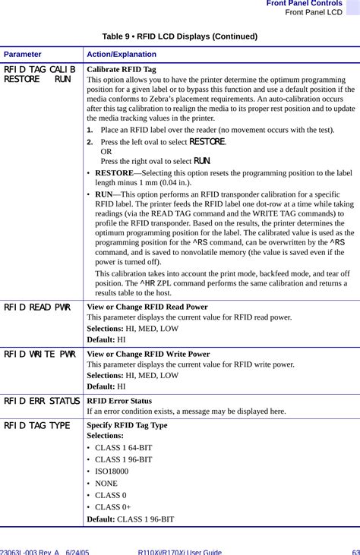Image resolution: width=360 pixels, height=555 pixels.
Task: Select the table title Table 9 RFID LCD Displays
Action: tap(179, 36)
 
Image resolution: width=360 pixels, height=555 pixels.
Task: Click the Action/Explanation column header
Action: tap(122, 55)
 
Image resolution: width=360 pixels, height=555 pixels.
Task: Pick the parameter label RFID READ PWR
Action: tap(38, 307)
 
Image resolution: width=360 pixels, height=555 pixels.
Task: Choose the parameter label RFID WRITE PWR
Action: tap(39, 354)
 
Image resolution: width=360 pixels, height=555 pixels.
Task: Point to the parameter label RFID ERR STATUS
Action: tap(42, 400)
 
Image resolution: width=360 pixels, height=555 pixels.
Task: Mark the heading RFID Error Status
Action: tap(119, 401)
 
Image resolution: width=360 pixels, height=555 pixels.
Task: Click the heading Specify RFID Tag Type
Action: tap(127, 426)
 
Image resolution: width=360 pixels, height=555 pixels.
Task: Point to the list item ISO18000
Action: tap(112, 471)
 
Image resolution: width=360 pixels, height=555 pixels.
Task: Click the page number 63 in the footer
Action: tap(355, 552)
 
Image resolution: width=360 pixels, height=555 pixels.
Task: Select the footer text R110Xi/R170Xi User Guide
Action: tap(179, 552)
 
